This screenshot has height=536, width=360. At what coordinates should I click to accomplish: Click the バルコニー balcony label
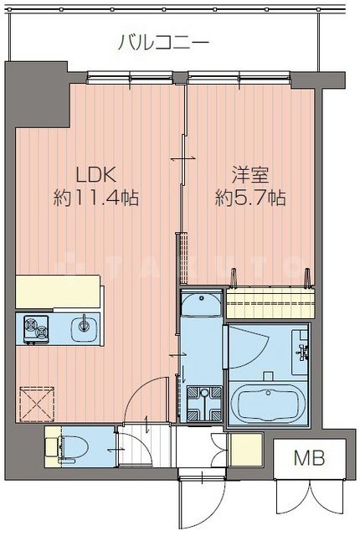(x=162, y=41)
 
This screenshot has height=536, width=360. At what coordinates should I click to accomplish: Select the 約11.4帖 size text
(x=95, y=199)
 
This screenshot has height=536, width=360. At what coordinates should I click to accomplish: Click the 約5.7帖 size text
(x=250, y=199)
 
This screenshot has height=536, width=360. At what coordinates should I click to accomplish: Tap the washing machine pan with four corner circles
(x=201, y=404)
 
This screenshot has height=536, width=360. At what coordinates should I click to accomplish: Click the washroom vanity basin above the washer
(x=201, y=305)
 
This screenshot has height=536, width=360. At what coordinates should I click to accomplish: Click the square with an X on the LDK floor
(x=35, y=402)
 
